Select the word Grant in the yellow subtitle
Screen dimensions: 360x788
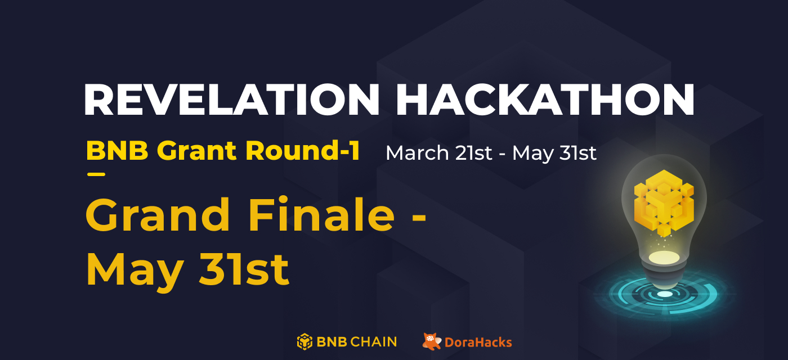pyautogui.click(x=197, y=151)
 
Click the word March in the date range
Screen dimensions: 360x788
pyautogui.click(x=417, y=153)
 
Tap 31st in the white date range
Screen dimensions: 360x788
pyautogui.click(x=576, y=153)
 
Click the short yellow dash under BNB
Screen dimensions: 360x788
pyautogui.click(x=96, y=174)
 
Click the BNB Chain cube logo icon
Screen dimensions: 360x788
pyautogui.click(x=305, y=341)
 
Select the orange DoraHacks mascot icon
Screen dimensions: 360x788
pyautogui.click(x=432, y=341)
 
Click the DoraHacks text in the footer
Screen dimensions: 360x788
pyautogui.click(x=478, y=342)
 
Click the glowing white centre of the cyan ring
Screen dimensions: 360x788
pyautogui.click(x=665, y=294)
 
